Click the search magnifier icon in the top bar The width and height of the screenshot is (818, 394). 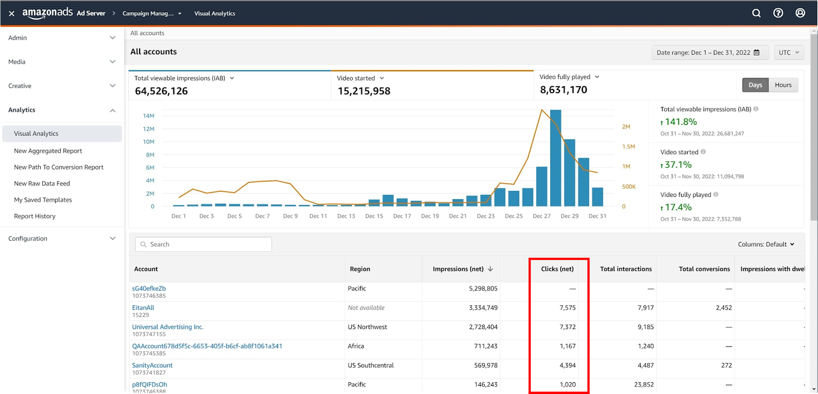(x=756, y=13)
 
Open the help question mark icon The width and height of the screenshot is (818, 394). (x=778, y=13)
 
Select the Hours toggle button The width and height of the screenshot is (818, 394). (x=783, y=85)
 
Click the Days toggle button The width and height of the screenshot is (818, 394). (x=755, y=85)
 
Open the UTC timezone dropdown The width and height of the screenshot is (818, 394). (x=789, y=53)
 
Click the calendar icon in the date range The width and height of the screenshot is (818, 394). (x=757, y=53)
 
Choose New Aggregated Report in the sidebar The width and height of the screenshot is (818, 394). (x=48, y=150)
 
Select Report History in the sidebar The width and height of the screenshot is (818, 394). (x=35, y=216)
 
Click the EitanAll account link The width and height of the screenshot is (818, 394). (x=143, y=308)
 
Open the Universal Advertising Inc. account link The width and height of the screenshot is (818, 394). (x=168, y=327)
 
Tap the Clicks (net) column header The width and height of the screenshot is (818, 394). (x=557, y=269)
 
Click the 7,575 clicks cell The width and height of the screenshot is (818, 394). (x=567, y=308)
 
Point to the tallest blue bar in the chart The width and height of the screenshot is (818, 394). (x=555, y=158)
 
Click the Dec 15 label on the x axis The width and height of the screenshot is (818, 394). (x=374, y=216)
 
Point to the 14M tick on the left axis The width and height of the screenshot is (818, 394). (x=149, y=116)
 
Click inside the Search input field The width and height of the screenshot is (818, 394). (x=203, y=244)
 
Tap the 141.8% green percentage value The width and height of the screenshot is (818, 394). (x=680, y=122)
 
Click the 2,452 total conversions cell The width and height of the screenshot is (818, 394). (x=724, y=308)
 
